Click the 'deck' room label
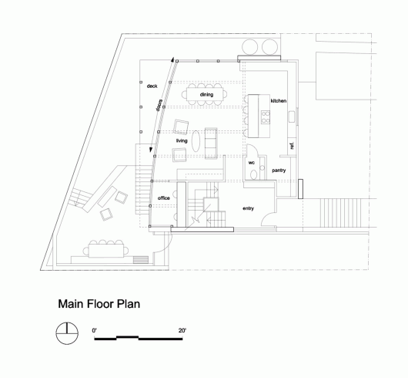point(152,86)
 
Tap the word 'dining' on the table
point(206,94)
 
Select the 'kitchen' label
point(279,100)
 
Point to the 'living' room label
point(182,140)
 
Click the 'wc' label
point(252,163)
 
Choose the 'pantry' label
point(279,170)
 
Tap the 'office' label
point(164,198)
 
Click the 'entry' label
point(248,208)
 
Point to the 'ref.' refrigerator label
point(292,146)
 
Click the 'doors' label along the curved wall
point(159,105)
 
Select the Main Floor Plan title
point(99,304)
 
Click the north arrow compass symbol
point(67,333)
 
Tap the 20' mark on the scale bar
point(182,330)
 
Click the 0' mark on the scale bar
point(94,330)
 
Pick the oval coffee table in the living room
point(196,141)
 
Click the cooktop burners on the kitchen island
point(266,116)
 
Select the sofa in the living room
point(211,143)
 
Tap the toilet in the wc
point(254,174)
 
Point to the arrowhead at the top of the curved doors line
point(172,59)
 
